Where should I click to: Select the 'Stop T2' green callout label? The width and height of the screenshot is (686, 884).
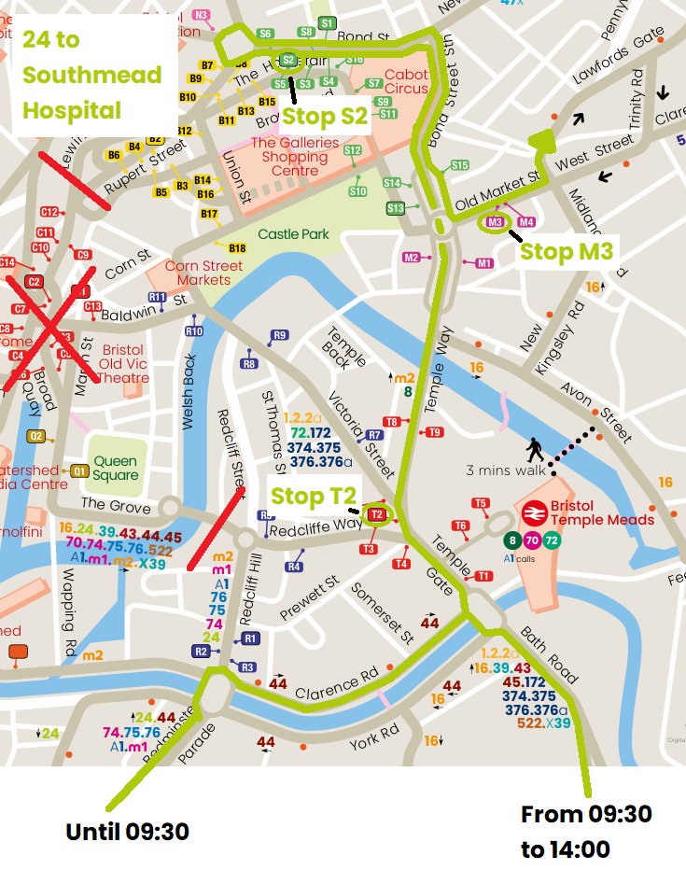point(313,495)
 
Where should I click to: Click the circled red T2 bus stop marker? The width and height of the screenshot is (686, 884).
point(377,514)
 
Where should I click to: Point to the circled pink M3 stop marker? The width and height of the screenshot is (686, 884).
point(496,222)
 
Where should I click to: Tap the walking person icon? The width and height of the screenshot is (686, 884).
point(535,450)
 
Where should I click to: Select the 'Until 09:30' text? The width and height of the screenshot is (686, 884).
point(127,831)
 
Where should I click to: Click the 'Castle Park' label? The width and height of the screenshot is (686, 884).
point(293,234)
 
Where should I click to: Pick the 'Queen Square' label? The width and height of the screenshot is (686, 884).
point(115,468)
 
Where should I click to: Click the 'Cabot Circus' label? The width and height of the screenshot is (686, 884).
point(406,82)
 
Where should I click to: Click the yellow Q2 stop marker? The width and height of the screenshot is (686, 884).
point(36,436)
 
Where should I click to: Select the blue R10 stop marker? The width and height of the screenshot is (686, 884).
point(194,331)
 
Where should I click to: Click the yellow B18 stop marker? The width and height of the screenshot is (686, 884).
point(237,248)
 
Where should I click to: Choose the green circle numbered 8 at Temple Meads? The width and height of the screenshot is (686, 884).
point(511,540)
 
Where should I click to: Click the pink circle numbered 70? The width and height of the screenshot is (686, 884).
point(532,540)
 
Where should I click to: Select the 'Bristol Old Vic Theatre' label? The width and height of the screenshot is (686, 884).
point(125,364)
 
